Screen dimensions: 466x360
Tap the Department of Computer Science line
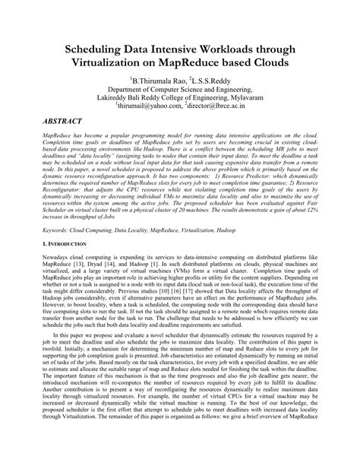click(180, 89)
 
